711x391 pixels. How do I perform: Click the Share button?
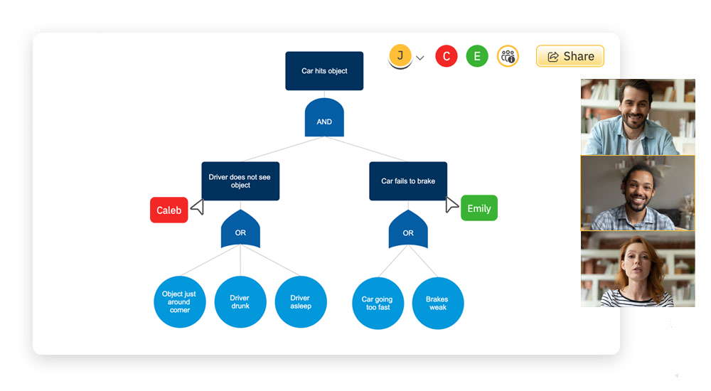coord(570,56)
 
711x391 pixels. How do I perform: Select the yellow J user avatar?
coord(400,55)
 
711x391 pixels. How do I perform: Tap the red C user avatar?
coord(447,56)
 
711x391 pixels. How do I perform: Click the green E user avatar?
coord(477,56)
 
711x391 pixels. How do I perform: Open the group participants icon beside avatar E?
coord(508,56)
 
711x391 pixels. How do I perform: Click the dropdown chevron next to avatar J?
coord(420,58)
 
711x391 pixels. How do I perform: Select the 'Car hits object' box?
coord(324,71)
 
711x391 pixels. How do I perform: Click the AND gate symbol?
coord(324,118)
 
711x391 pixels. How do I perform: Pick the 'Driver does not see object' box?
coord(240,181)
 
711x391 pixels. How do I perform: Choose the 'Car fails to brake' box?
coord(408,181)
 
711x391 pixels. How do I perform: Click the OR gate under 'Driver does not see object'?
coord(240,230)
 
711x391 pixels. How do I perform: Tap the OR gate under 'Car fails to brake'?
coord(408,230)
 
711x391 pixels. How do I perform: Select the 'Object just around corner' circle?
coord(179,302)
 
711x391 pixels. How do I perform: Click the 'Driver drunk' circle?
coord(240,302)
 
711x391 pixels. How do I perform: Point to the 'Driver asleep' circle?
coord(300,302)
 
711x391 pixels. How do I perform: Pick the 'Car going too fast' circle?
coord(378,304)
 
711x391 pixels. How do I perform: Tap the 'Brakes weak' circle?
coord(438,304)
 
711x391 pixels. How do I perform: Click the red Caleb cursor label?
coord(169,210)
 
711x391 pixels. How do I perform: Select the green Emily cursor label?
coord(479,208)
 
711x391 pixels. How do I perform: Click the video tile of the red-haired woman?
coord(638,269)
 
